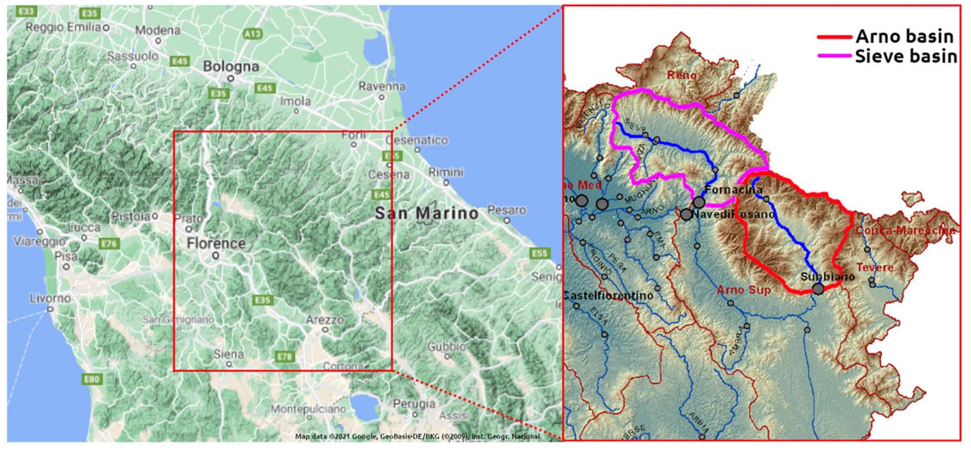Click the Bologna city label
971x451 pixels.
tap(231, 66)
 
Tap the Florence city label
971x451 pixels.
tap(216, 244)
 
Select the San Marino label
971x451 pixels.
tap(426, 213)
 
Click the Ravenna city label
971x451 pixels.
tap(382, 86)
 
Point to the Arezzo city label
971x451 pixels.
tap(325, 320)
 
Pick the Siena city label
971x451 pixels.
tap(229, 354)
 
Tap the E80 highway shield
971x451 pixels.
tap(92, 379)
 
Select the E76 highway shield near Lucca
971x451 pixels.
tap(109, 244)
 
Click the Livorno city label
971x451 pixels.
tap(51, 298)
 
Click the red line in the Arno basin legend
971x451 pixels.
tap(834, 37)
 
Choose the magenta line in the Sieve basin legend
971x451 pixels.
tap(834, 56)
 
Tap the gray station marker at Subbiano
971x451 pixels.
tap(818, 289)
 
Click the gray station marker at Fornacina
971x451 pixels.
tap(699, 202)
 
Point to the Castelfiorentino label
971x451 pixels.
tap(608, 296)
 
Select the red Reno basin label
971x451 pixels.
tap(681, 75)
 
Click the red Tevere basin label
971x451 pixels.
tap(875, 267)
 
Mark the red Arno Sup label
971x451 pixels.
tap(743, 290)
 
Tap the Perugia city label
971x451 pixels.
tap(414, 404)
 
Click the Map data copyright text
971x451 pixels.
tap(417, 437)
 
